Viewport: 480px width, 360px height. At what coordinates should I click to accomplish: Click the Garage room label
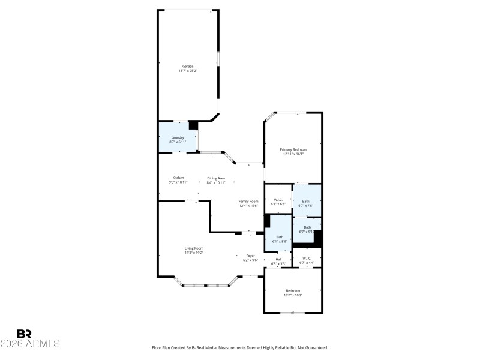pos(188,66)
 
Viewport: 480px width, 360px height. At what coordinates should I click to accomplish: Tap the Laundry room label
pos(178,137)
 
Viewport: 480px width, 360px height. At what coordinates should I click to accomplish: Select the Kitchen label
pos(178,178)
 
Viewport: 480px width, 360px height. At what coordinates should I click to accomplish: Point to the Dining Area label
pos(216,178)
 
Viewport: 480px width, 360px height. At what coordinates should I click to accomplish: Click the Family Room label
pos(248,201)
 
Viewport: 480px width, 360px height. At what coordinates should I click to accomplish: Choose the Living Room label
pos(194,248)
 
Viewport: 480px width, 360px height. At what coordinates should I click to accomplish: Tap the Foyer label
pos(250,256)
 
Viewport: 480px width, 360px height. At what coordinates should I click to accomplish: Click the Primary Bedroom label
pos(293,149)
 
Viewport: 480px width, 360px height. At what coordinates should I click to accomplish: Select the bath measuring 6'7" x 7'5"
pos(306,201)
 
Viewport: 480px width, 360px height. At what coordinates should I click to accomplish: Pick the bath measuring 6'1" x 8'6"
pos(280,237)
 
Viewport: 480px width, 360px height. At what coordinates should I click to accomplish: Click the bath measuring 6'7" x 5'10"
pos(307,227)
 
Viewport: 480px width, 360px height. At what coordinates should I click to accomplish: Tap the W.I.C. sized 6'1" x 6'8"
pos(278,200)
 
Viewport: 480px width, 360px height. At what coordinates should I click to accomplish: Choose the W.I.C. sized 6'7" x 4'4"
pos(307,259)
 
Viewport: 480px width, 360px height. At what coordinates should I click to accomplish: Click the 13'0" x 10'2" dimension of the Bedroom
pos(293,295)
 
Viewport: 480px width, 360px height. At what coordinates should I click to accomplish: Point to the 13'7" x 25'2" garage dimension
pos(188,71)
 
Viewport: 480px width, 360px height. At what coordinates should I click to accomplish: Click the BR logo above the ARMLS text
pos(25,334)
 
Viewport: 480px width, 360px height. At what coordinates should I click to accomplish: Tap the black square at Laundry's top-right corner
pos(193,125)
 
